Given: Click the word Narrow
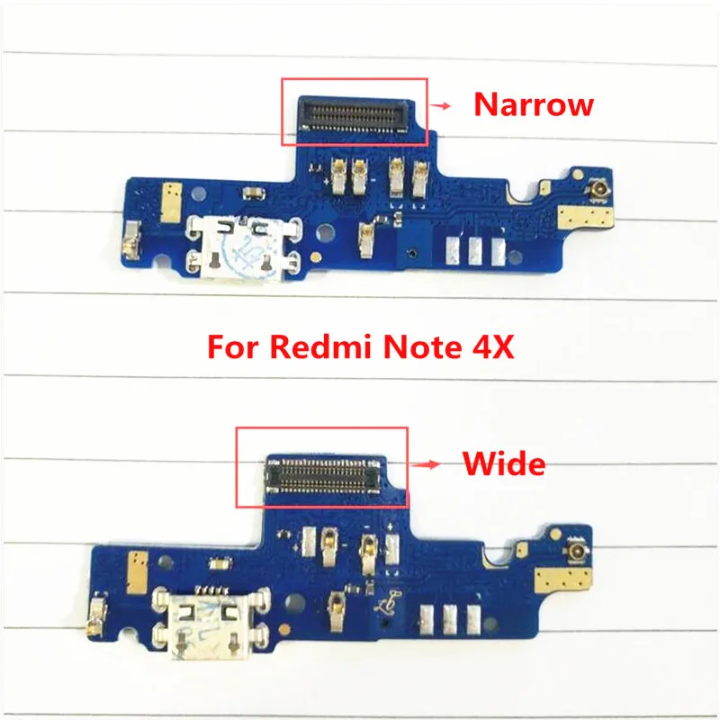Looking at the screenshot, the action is click(x=534, y=104).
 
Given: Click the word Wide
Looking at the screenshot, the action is click(x=504, y=464).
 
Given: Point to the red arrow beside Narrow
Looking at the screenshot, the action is click(x=441, y=105).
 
